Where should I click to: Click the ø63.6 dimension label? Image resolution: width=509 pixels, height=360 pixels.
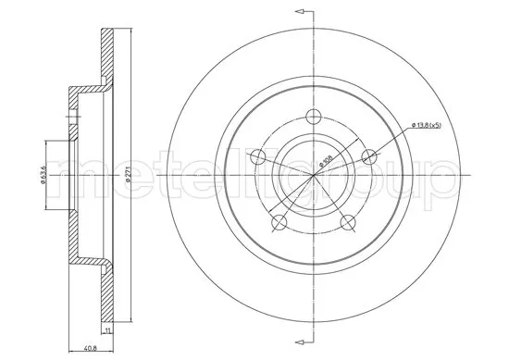click(x=43, y=173)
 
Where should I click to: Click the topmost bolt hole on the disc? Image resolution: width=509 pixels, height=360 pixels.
click(x=313, y=116)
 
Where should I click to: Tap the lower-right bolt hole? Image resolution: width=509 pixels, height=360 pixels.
click(x=348, y=223)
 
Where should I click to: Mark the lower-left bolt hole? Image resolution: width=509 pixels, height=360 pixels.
click(x=278, y=223)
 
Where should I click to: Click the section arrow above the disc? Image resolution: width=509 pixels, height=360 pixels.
click(x=300, y=12)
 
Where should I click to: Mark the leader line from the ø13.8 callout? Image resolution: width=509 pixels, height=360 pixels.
click(x=393, y=140)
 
